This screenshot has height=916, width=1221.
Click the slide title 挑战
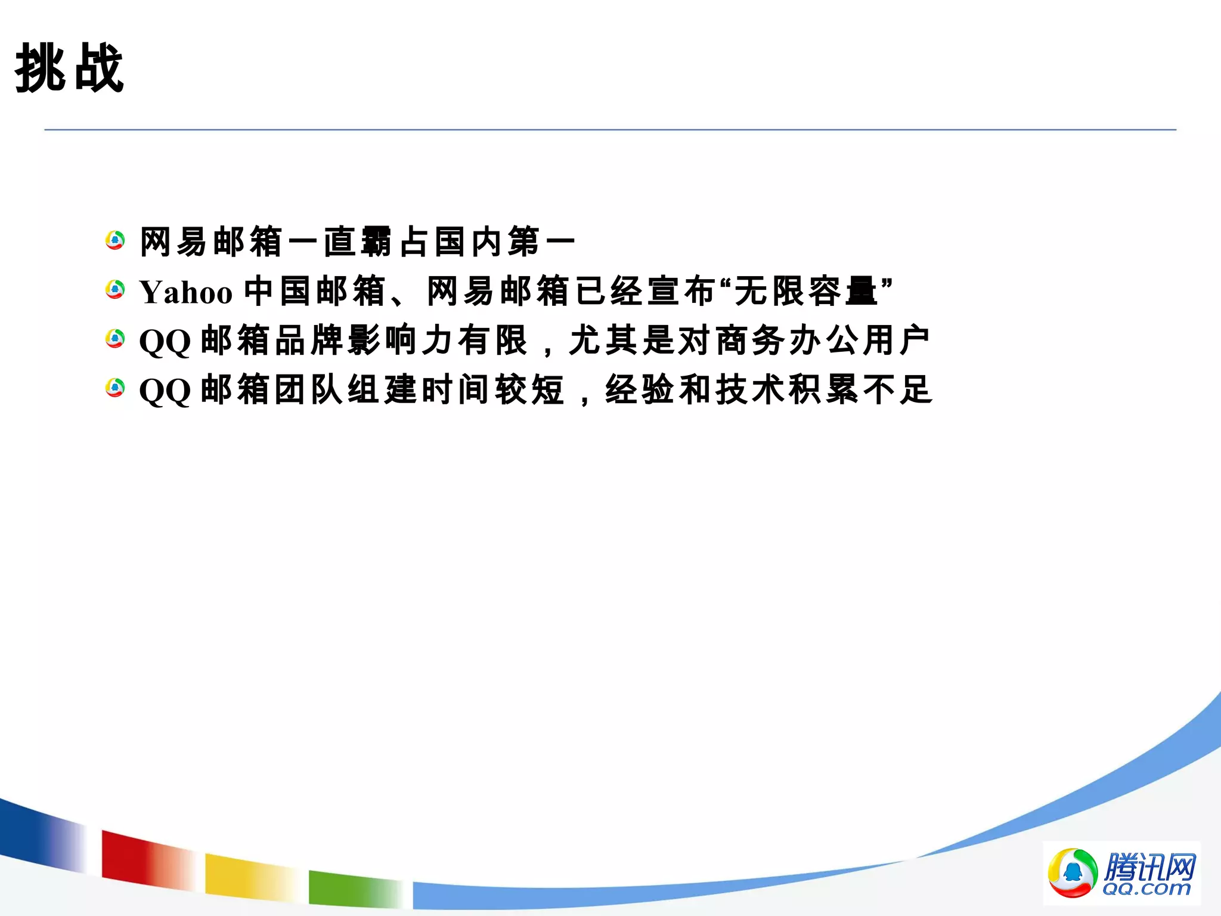[69, 69]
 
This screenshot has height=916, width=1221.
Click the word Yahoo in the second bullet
[185, 293]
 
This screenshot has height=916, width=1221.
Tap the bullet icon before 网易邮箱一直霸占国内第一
[115, 241]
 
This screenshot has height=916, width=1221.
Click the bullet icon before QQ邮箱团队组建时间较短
[115, 388]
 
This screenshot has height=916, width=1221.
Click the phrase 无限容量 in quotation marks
[805, 292]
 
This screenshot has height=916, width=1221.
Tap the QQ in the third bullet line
[165, 342]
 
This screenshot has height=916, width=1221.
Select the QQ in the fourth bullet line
[165, 391]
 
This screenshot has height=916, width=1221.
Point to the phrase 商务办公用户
[822, 341]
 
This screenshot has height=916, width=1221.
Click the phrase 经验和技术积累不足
[768, 390]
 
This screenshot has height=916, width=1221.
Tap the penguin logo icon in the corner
[1073, 872]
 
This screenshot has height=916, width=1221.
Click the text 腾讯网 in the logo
[1149, 867]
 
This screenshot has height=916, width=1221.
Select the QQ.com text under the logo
[1146, 889]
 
